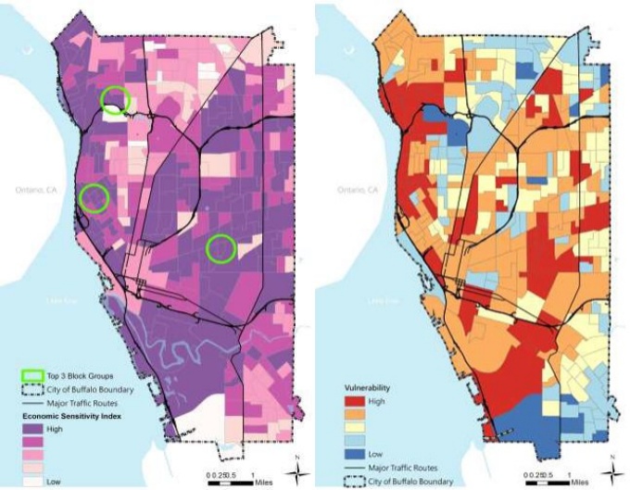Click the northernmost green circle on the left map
coord(115,99)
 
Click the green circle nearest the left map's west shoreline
coord(94,196)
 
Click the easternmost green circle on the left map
coord(220,247)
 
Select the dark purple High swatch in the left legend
coord(31,430)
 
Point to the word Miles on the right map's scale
coord(579,482)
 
